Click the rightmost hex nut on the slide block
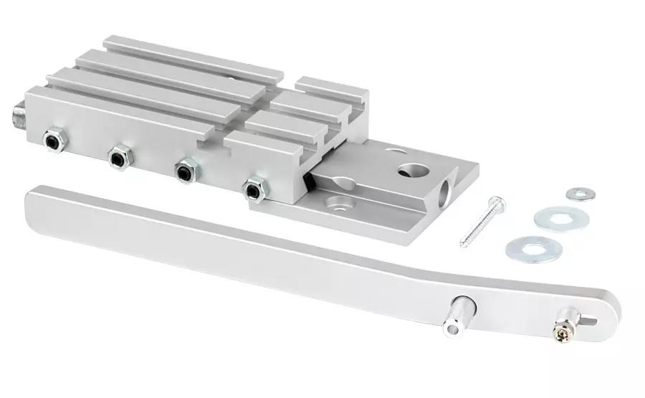(x=253, y=189)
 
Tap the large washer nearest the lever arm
(x=532, y=249)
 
